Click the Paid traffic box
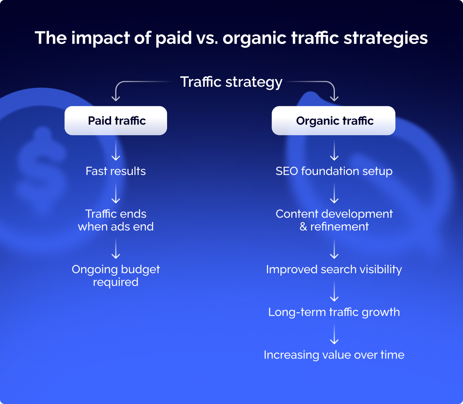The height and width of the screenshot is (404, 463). [x=116, y=121]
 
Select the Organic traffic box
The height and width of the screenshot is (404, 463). [x=333, y=121]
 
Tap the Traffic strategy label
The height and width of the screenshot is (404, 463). [x=231, y=82]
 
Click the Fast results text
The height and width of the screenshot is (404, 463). [x=116, y=171]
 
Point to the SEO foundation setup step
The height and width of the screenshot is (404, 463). [x=334, y=171]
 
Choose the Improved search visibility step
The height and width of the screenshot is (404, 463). [x=334, y=269]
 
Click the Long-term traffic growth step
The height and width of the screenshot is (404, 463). [x=334, y=312]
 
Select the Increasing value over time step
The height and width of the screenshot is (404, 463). [x=334, y=355]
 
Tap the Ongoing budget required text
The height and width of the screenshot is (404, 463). [x=116, y=276]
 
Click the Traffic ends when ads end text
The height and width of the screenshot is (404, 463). [x=116, y=220]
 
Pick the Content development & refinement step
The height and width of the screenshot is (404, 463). [x=334, y=220]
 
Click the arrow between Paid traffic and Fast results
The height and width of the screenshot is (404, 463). [x=116, y=150]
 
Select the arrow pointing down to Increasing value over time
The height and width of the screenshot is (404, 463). [x=334, y=334]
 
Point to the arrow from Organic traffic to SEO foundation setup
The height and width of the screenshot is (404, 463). [x=334, y=150]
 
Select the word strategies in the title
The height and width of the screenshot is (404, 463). [x=385, y=39]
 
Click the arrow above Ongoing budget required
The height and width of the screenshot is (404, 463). [x=116, y=249]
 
